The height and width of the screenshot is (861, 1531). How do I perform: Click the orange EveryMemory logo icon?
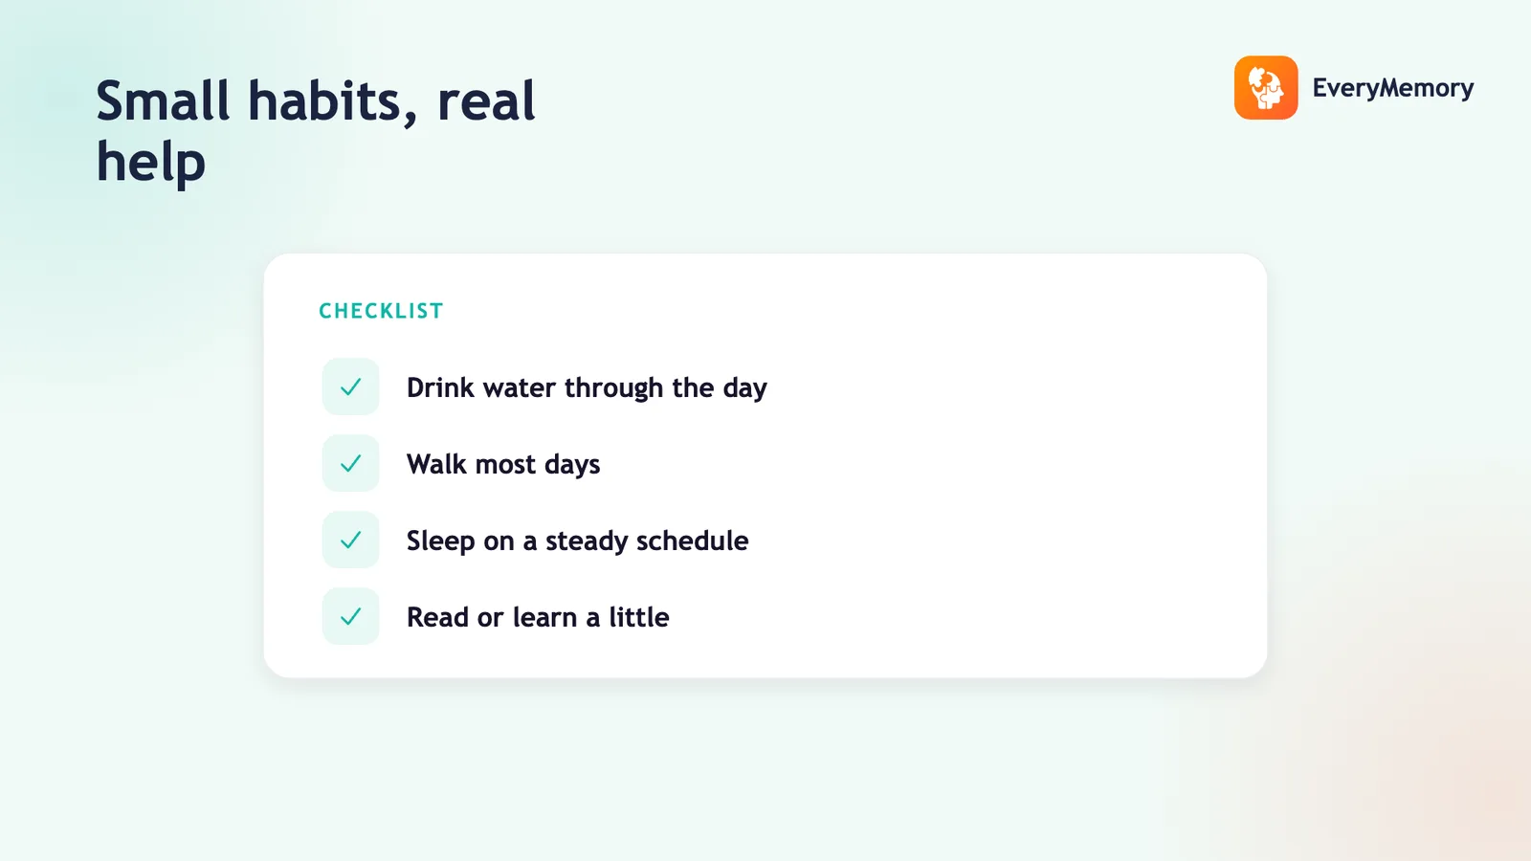click(1266, 87)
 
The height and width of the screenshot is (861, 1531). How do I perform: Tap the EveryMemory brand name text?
click(1393, 88)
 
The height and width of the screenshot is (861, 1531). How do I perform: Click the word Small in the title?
click(163, 101)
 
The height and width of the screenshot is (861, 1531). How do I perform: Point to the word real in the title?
click(486, 101)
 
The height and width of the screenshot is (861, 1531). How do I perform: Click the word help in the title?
click(151, 163)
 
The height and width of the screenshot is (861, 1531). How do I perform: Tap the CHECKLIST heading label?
click(382, 311)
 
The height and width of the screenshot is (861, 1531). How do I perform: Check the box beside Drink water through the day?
click(350, 386)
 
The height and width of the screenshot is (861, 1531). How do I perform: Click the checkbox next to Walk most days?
click(350, 463)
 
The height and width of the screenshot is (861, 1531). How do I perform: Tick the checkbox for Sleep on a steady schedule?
click(350, 540)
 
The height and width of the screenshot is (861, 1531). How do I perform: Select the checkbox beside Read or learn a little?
click(350, 616)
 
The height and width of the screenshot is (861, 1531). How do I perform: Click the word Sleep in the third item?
click(441, 541)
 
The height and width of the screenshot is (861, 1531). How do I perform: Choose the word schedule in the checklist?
click(693, 541)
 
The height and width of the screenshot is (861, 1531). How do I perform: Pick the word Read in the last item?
click(437, 617)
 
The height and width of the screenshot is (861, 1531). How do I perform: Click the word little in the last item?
click(639, 617)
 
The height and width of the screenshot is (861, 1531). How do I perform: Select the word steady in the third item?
click(587, 541)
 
